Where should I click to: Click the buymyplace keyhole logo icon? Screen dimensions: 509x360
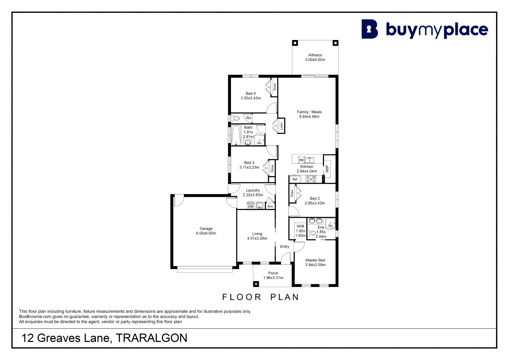coord(370,29)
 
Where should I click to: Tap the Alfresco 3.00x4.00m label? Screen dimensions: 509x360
coord(315,57)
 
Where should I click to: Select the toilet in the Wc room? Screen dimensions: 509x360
coord(236,118)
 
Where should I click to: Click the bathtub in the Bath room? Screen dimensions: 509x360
coord(236,135)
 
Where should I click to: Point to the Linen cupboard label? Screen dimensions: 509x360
coord(281,126)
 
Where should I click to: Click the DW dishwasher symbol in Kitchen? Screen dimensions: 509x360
coord(301,160)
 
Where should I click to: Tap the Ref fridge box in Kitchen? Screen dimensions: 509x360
coord(295,179)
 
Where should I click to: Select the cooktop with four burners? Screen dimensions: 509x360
coord(311,179)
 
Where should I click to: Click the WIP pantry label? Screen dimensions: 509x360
coord(327,169)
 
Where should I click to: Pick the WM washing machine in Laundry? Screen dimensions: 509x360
coord(250,205)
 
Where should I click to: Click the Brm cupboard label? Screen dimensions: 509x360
coord(270,206)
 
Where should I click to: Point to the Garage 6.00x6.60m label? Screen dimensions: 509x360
coord(206,231)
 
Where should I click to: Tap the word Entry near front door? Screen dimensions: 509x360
coord(284,247)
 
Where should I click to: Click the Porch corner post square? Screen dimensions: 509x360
coord(256,284)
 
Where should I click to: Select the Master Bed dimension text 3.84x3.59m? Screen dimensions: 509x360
coord(315,265)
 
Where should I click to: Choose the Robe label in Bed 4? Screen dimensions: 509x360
coord(274,87)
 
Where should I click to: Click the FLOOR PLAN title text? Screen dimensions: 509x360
coord(260,297)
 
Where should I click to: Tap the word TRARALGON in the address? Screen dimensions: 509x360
coord(152,338)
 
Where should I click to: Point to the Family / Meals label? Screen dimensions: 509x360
coord(309,112)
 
